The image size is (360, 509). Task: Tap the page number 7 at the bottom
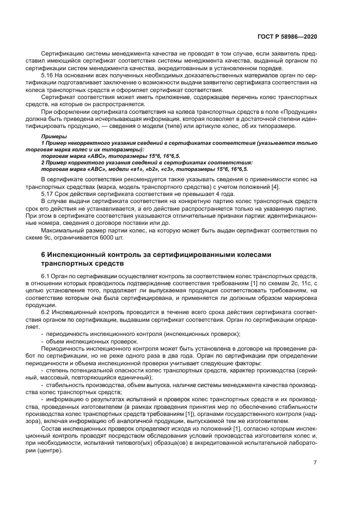pyautogui.click(x=315, y=463)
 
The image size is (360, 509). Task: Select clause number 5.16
pyautogui.click(x=48, y=75)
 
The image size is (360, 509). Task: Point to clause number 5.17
pyautogui.click(x=48, y=193)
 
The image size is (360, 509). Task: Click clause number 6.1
pyautogui.click(x=46, y=275)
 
